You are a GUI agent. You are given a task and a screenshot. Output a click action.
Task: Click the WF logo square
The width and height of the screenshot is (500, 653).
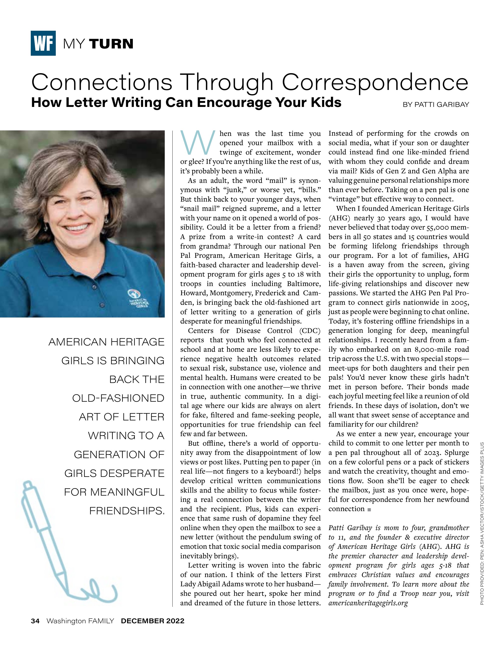(43, 43)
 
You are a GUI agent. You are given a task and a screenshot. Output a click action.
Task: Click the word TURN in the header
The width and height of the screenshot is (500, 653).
(111, 44)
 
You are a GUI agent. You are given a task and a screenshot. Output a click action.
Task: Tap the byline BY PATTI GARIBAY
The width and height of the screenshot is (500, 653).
(436, 105)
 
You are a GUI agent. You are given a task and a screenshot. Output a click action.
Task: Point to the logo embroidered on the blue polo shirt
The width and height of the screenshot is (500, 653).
(138, 299)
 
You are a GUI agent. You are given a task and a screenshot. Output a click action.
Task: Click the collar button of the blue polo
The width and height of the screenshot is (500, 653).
(94, 286)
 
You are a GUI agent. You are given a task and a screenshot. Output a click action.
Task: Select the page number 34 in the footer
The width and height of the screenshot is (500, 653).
(35, 621)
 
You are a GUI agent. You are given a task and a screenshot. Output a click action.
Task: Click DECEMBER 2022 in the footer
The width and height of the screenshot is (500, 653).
(152, 621)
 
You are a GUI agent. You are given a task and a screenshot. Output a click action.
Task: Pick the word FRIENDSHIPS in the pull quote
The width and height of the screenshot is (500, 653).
(127, 511)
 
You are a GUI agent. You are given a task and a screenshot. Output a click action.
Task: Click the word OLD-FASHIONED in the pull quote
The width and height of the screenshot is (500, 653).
(118, 398)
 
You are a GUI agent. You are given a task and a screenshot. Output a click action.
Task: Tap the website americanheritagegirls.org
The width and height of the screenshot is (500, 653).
(368, 603)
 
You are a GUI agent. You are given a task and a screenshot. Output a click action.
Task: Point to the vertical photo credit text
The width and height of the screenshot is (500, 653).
(482, 523)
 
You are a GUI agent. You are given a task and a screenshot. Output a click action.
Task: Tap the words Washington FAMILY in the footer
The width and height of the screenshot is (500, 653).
(80, 621)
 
